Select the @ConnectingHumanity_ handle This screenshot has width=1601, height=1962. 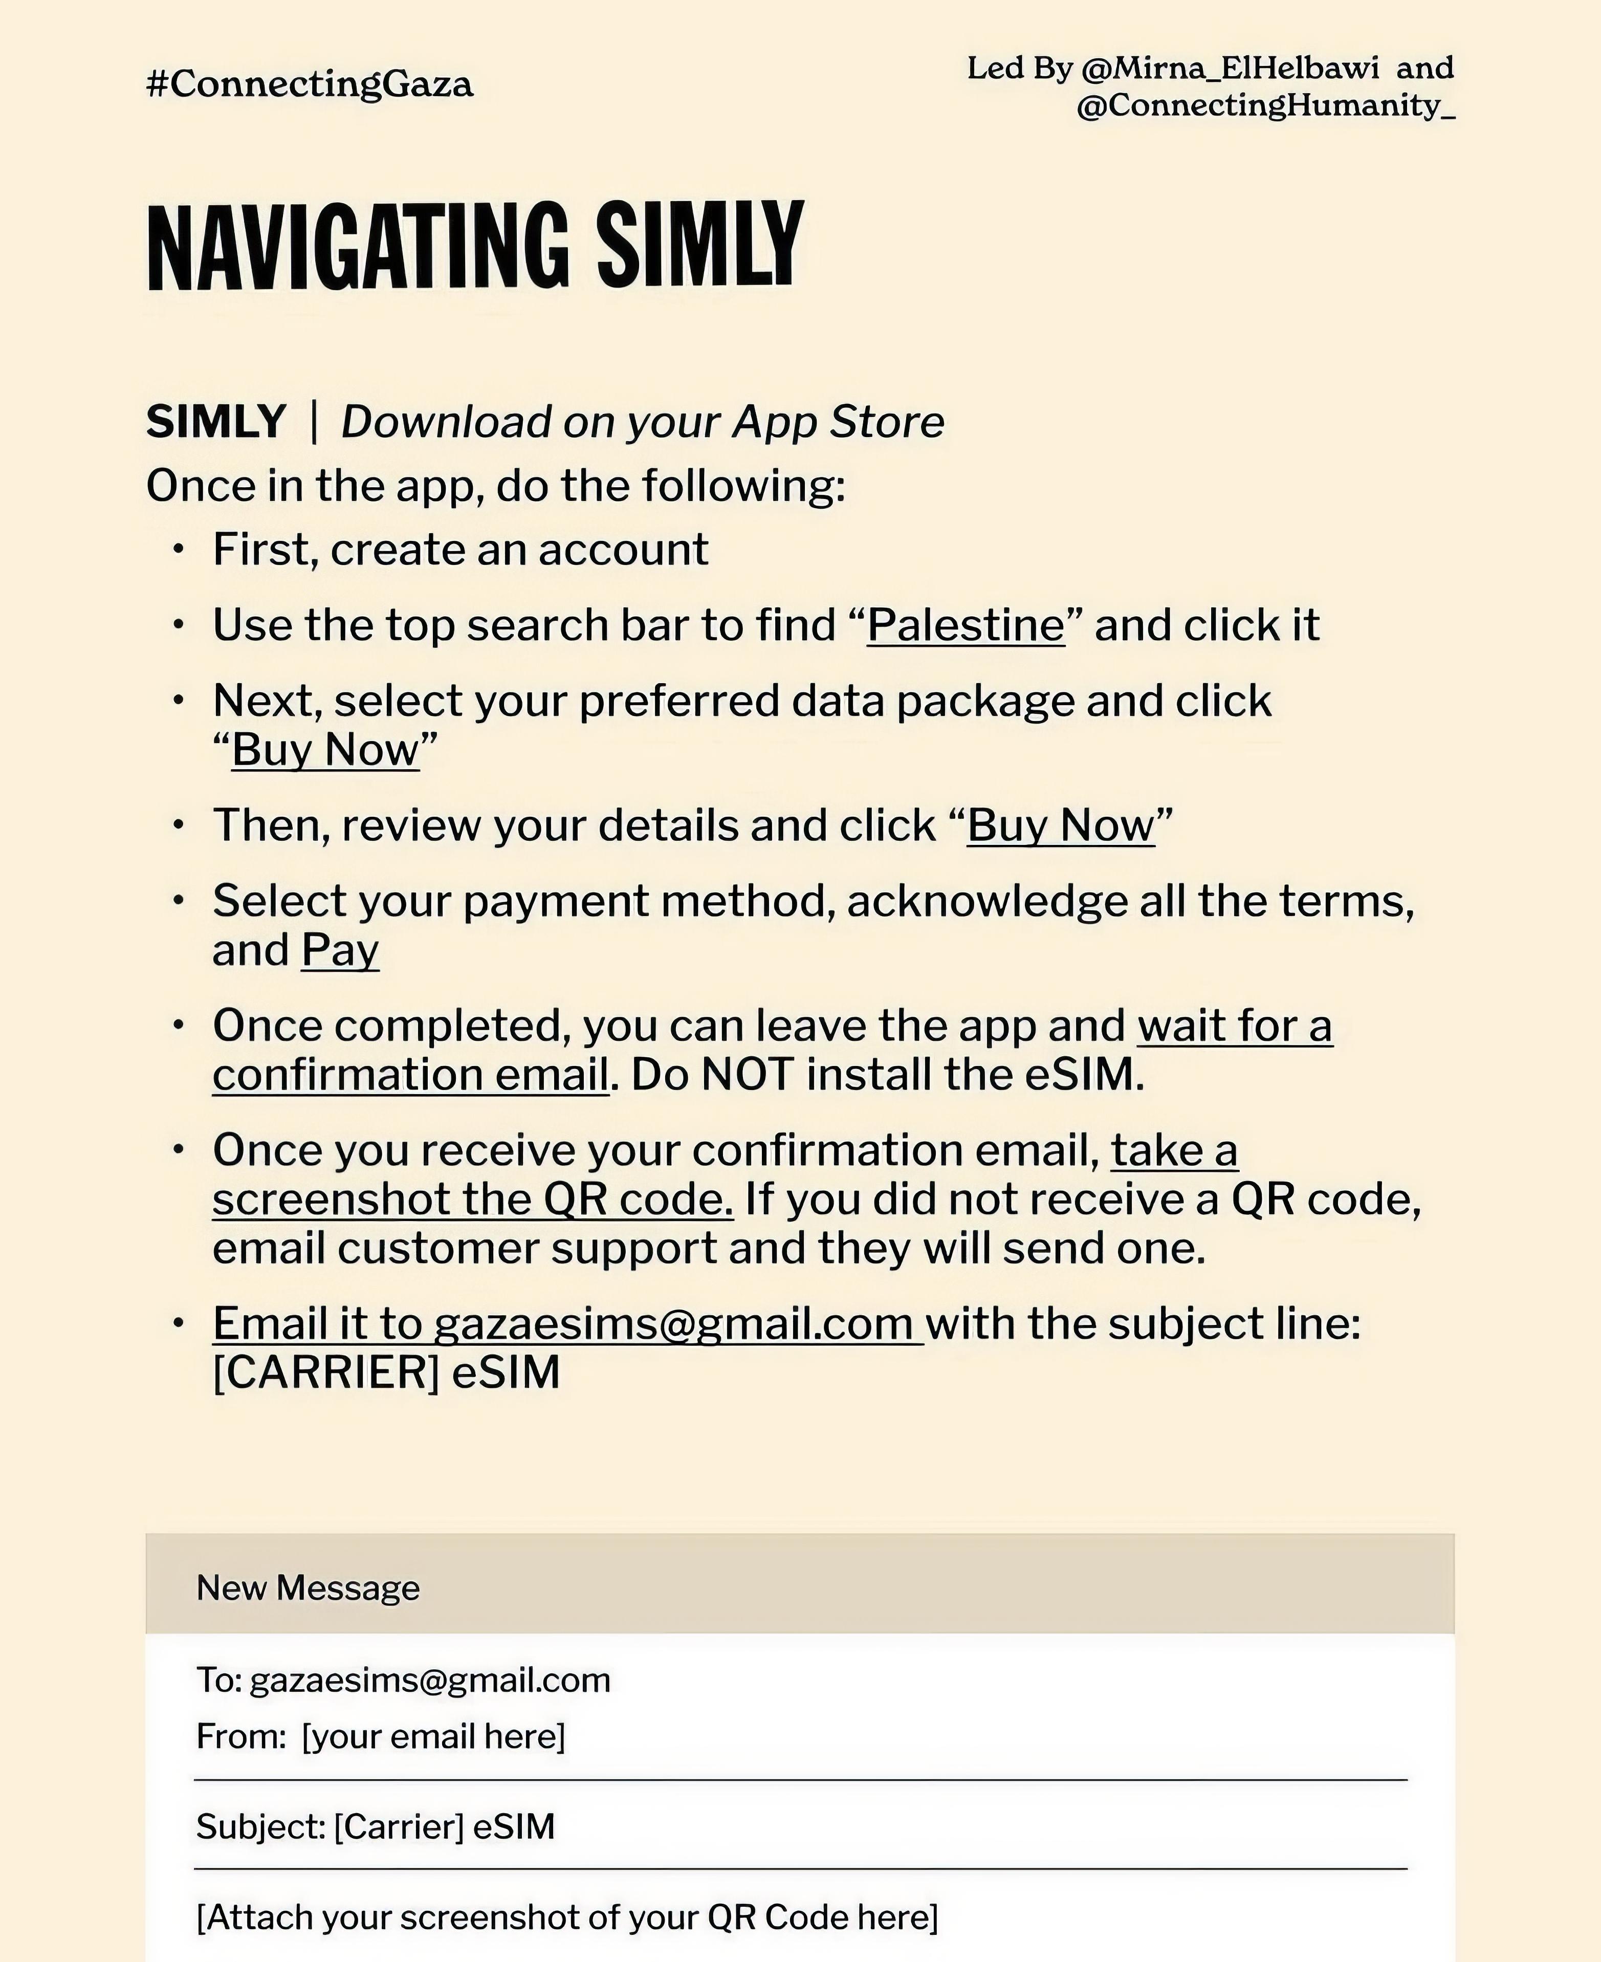coord(1265,106)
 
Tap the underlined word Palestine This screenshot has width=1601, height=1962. coord(966,625)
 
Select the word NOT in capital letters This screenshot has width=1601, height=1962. coord(747,1075)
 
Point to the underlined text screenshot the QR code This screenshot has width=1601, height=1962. coord(472,1199)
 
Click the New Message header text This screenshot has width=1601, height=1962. coord(308,1588)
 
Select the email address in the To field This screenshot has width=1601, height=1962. coord(430,1681)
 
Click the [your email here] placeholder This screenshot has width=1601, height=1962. coord(433,1737)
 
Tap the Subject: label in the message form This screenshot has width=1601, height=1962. coord(260,1827)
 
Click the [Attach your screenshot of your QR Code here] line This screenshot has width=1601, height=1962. coord(567,1917)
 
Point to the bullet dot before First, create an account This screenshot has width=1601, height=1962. coord(179,551)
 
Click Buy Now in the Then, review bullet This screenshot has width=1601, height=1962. coord(1061,825)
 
